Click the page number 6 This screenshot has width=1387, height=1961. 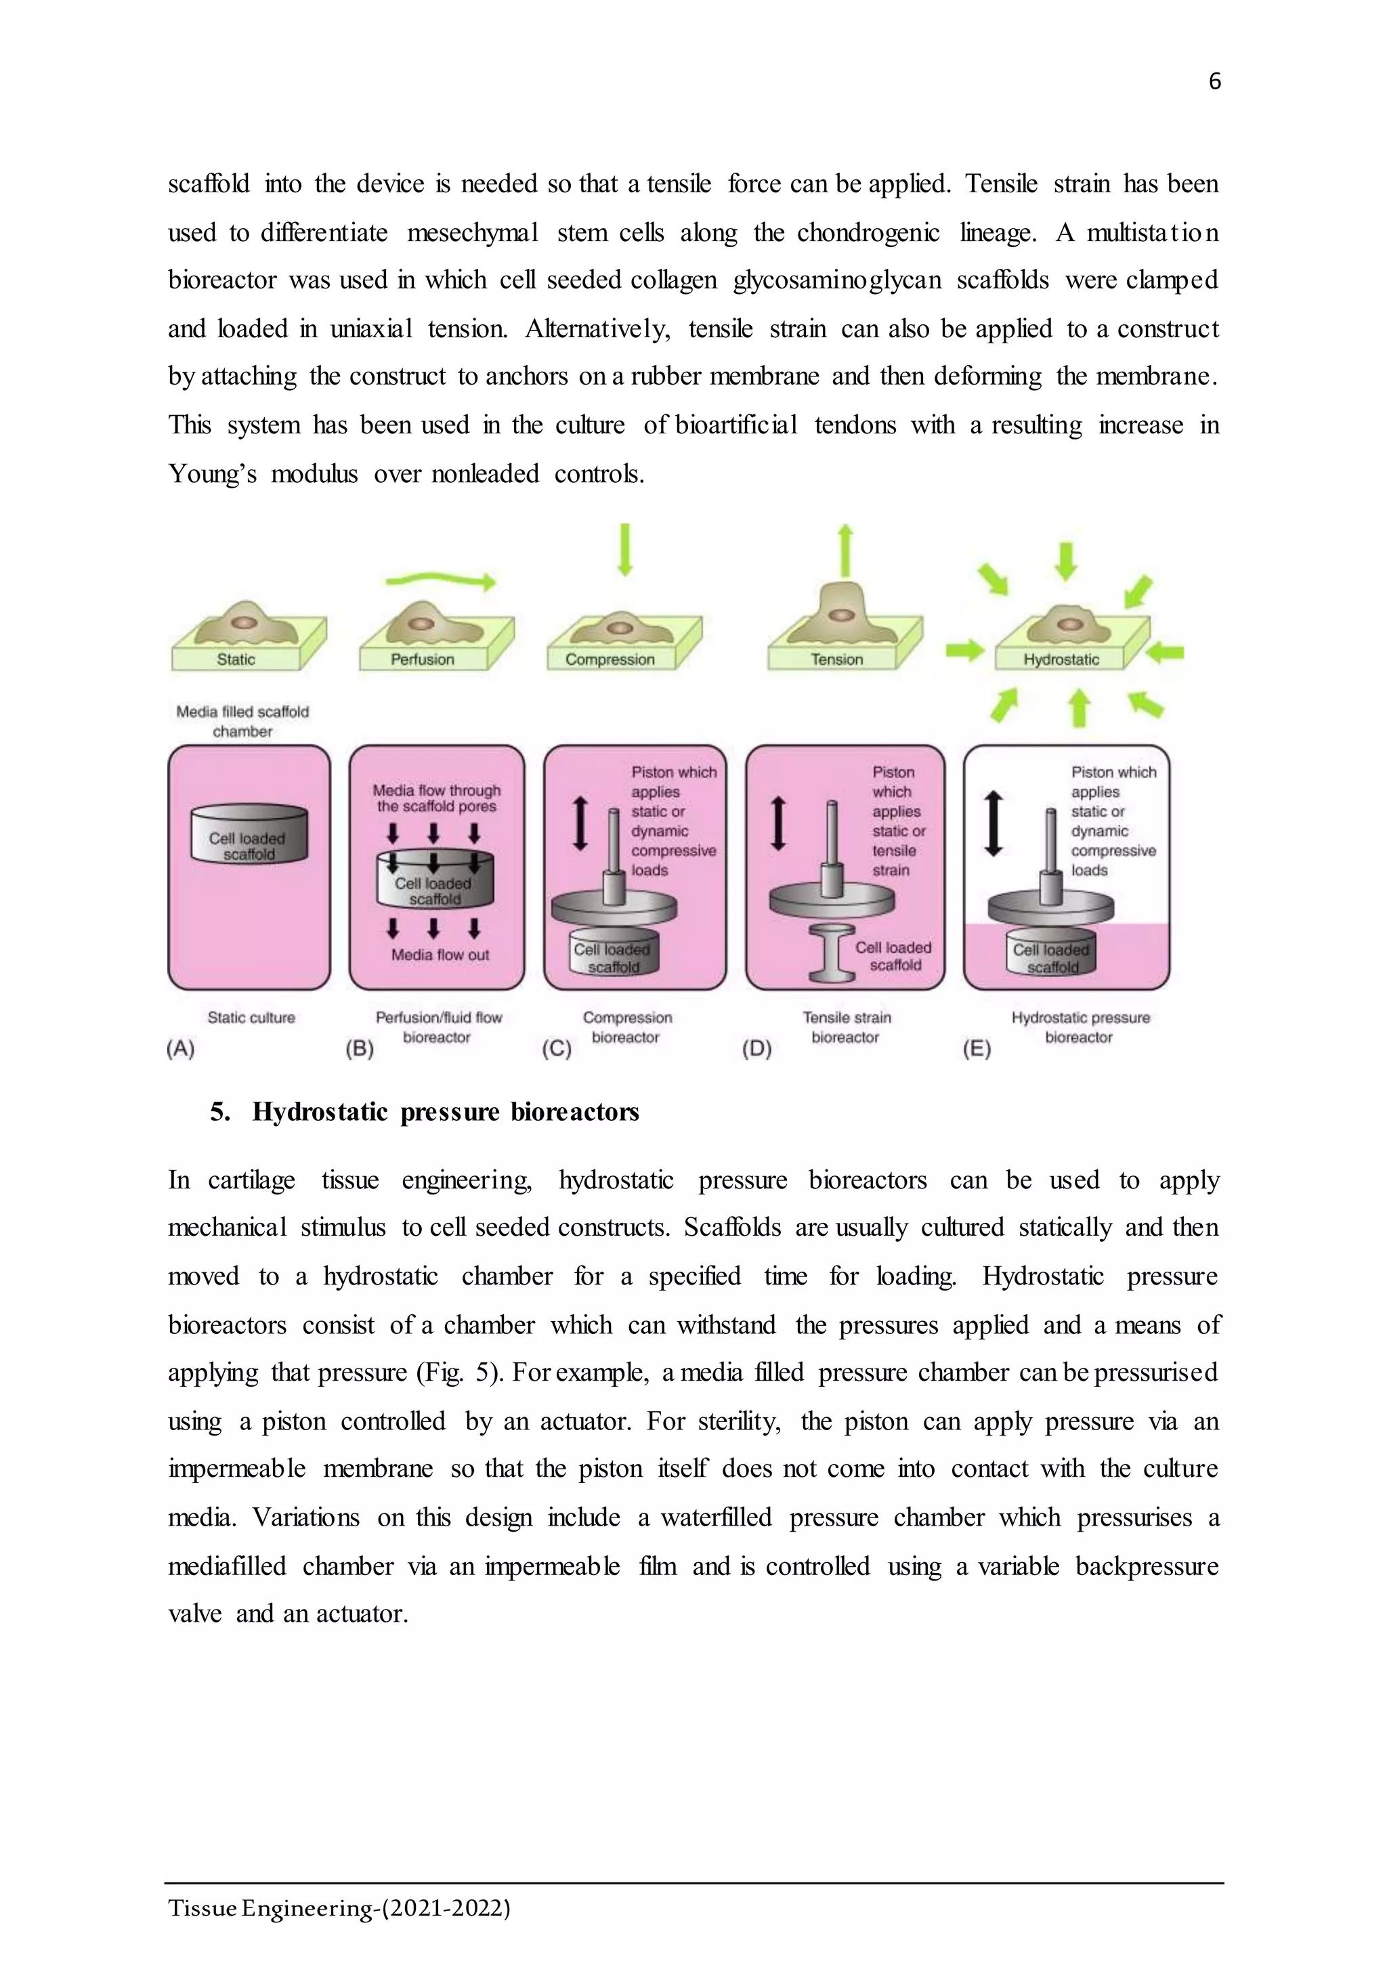(x=1214, y=82)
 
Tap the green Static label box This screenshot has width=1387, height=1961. (x=236, y=660)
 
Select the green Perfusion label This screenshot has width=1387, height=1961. (x=422, y=660)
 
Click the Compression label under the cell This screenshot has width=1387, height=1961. (x=610, y=660)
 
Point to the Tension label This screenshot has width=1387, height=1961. (x=837, y=660)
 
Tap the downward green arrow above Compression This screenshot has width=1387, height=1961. (x=625, y=549)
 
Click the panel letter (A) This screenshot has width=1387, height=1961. (x=181, y=1048)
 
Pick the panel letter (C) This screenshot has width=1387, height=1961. (x=557, y=1048)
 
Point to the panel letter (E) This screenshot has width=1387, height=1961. (x=977, y=1048)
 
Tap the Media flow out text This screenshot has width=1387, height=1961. (x=440, y=955)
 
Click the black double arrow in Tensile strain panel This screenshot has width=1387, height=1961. (x=778, y=823)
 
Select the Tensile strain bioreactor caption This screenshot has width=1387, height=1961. (x=847, y=1027)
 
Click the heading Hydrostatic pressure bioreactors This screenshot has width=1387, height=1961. (x=445, y=1112)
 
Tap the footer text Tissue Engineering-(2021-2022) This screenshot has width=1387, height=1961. (x=339, y=1908)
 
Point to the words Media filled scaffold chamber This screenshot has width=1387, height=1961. (x=242, y=721)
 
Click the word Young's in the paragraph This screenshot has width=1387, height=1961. (x=212, y=473)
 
